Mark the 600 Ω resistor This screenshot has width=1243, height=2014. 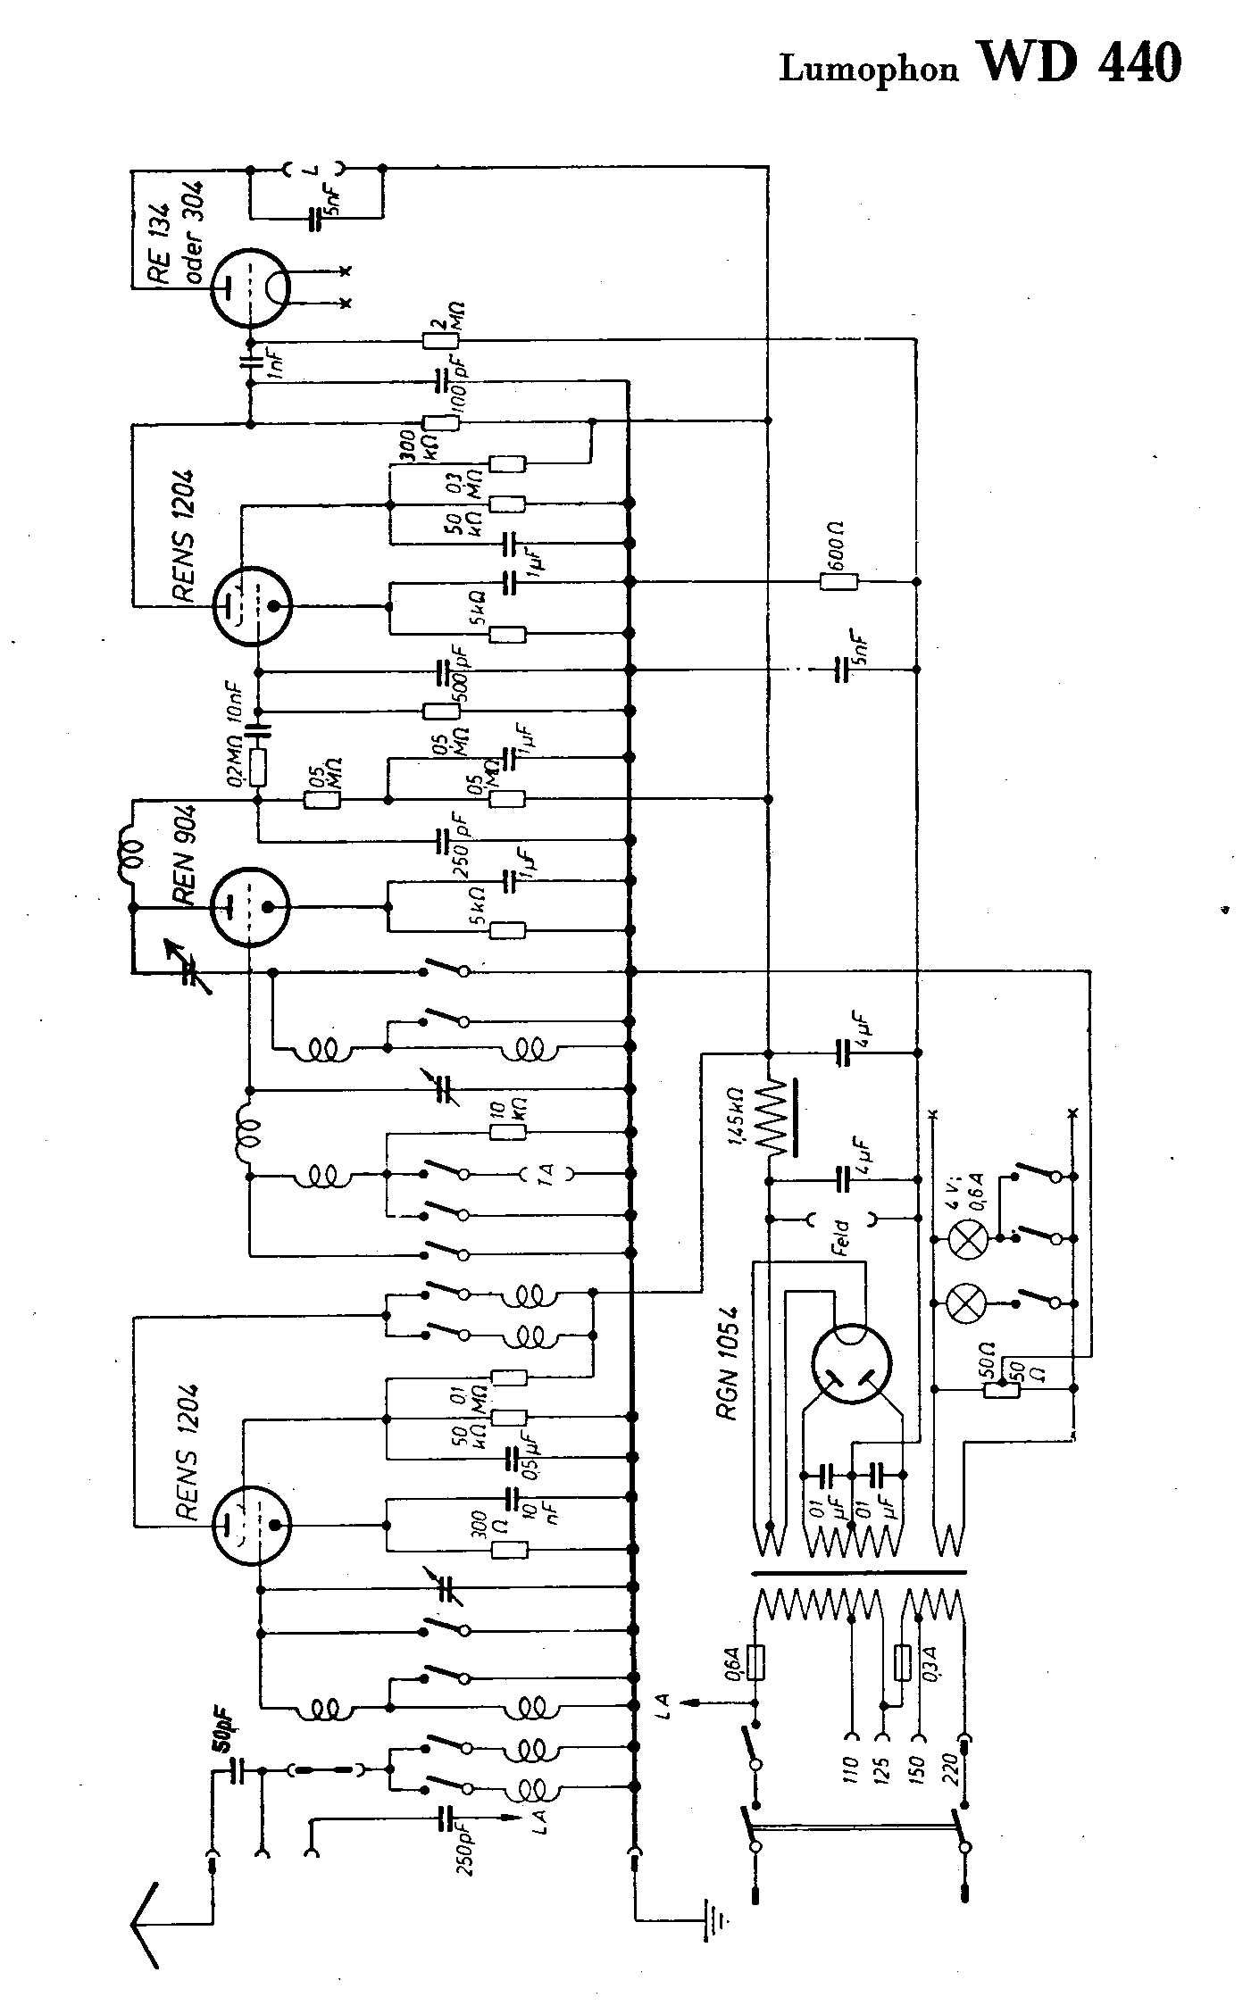pyautogui.click(x=839, y=582)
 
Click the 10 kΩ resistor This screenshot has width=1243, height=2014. pyautogui.click(x=508, y=1133)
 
